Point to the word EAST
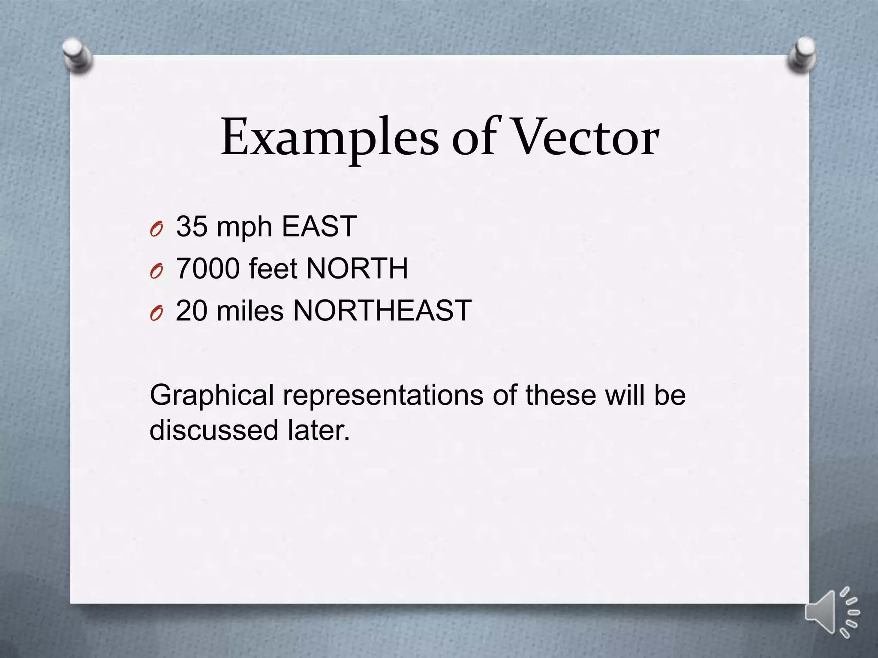coord(319,226)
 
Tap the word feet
coord(273,269)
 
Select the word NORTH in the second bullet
coord(357,269)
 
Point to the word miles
coord(250,311)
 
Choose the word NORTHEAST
coord(382,311)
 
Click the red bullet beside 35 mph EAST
coord(156,230)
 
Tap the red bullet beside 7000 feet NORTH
coord(156,272)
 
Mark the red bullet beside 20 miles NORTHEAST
coord(156,314)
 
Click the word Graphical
coord(212,396)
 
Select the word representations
coord(383,396)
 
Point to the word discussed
coord(214,430)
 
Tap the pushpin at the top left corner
coord(77,56)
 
